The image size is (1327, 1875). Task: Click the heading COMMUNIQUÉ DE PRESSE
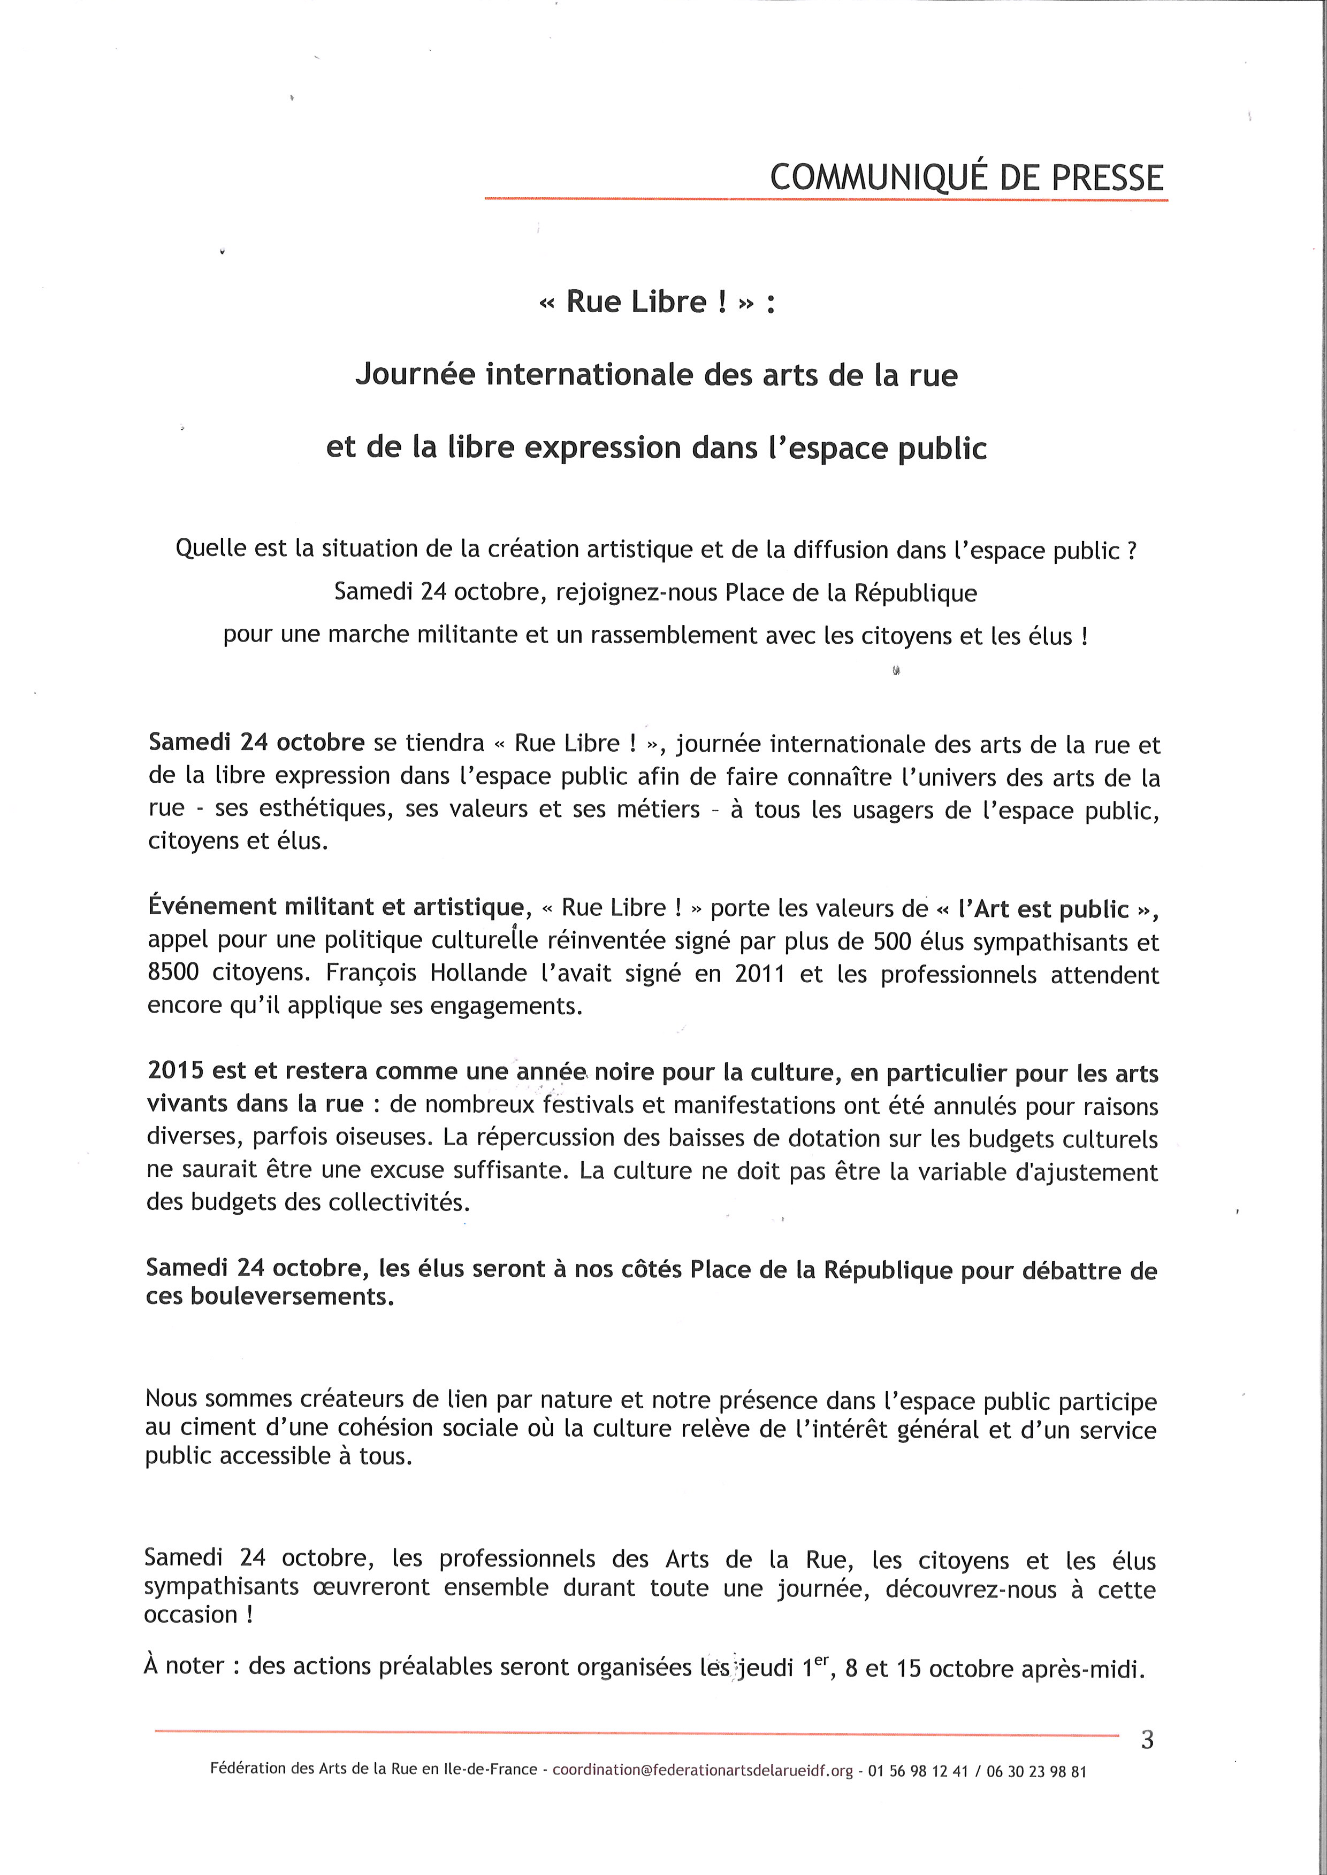[967, 177]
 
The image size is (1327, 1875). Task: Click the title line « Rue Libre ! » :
[656, 302]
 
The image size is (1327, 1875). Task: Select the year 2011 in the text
[760, 974]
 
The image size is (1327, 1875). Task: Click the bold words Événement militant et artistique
[335, 907]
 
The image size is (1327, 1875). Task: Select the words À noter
[184, 1666]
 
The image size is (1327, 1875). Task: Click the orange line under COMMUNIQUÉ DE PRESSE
[825, 198]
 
